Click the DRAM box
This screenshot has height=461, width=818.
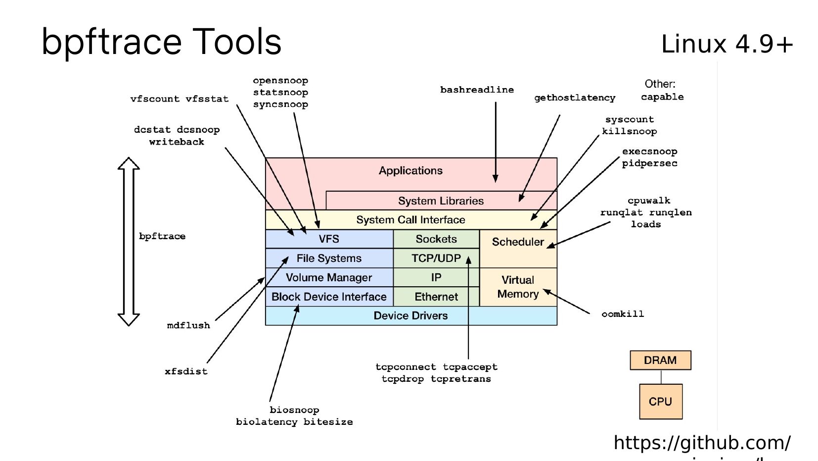tap(660, 360)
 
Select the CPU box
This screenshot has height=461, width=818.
tap(660, 402)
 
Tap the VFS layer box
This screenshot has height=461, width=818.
tap(329, 239)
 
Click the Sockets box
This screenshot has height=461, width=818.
tap(436, 239)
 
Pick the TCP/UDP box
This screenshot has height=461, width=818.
tap(436, 258)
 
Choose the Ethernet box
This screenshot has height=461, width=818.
tap(436, 297)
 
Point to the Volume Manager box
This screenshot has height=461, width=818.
tap(329, 277)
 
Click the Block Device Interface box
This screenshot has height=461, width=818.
tap(329, 297)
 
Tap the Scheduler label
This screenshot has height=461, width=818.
tap(518, 242)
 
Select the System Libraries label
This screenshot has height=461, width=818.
tap(441, 201)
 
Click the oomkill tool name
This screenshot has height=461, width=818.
tap(623, 314)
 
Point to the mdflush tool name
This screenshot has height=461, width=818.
tap(188, 325)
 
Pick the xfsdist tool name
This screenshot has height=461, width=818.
tap(186, 371)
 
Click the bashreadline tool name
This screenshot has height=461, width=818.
tap(477, 90)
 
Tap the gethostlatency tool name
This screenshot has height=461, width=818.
tap(575, 98)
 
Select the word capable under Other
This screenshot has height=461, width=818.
tap(662, 97)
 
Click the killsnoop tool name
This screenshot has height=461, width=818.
tap(629, 131)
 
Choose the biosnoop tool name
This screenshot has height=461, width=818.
tap(294, 410)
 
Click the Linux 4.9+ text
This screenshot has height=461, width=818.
tap(727, 44)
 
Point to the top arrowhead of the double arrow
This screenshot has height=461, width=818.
tap(129, 163)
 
